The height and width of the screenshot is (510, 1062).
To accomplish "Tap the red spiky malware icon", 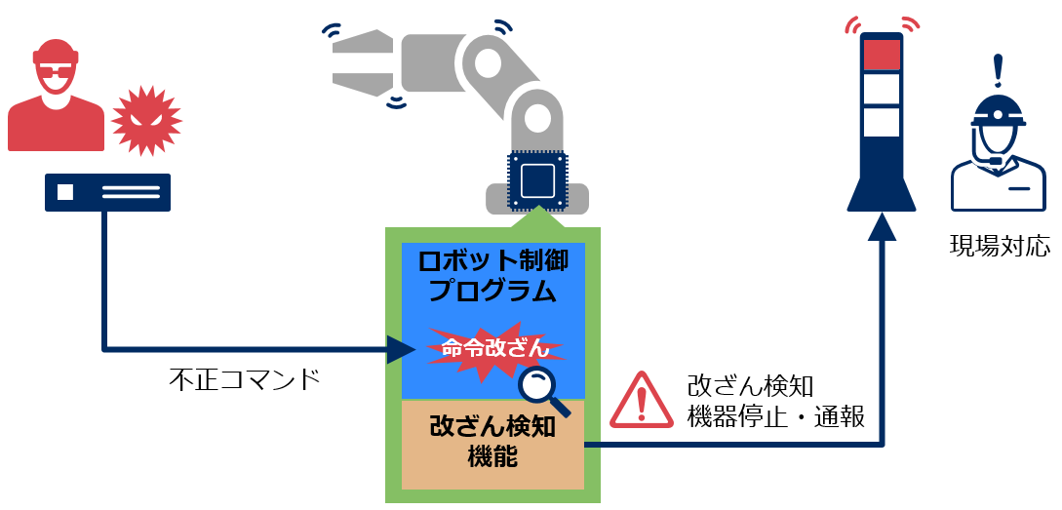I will click(146, 120).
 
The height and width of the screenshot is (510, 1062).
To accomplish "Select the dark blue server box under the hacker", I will click(107, 192).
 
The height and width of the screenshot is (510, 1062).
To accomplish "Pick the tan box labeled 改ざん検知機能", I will click(492, 444).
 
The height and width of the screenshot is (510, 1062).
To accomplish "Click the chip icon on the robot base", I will click(538, 180).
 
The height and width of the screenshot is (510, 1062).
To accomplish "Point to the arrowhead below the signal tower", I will click(882, 227).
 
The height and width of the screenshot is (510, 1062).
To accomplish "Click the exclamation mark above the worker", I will click(998, 70).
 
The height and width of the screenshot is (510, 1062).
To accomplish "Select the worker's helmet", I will click(998, 111).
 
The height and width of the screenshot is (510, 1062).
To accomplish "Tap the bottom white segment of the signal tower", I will click(882, 123).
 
